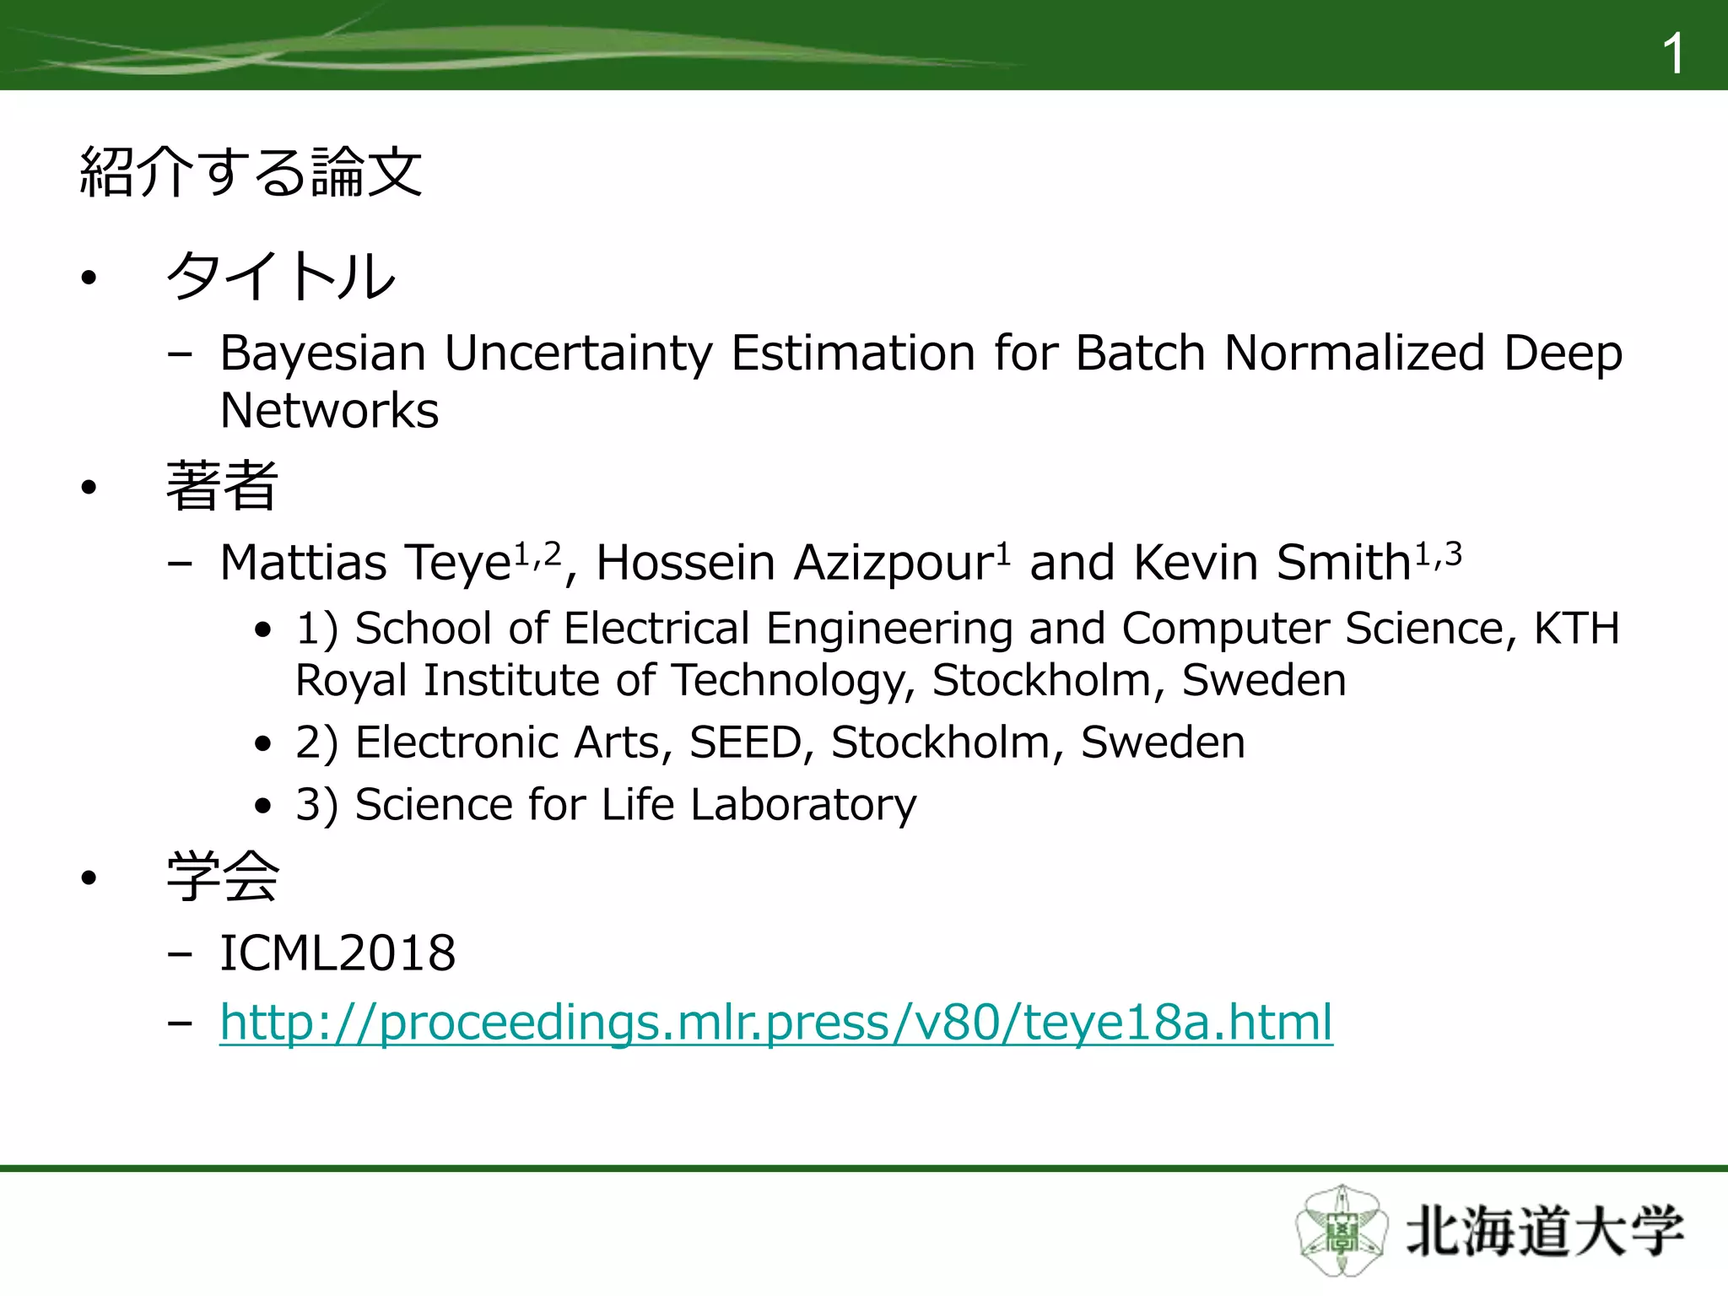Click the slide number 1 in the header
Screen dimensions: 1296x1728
[1672, 54]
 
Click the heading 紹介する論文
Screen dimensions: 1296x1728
[251, 172]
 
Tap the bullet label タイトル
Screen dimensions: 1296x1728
[281, 277]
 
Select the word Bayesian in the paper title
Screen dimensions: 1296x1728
[322, 354]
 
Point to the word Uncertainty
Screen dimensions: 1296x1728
[578, 354]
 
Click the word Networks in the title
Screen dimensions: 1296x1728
[329, 411]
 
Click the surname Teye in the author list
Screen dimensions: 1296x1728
[457, 563]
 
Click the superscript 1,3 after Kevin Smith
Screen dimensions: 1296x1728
[1438, 554]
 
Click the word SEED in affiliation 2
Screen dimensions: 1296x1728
[745, 742]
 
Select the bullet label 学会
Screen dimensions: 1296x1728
[222, 877]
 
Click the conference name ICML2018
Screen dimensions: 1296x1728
[337, 953]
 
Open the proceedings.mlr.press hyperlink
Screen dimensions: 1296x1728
[775, 1023]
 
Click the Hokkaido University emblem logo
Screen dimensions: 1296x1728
[1341, 1230]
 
